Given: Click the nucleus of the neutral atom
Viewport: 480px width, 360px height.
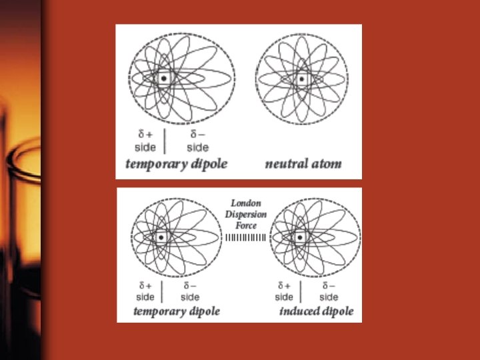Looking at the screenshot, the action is pos(301,79).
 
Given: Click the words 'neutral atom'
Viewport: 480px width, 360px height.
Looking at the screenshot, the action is pos(303,164).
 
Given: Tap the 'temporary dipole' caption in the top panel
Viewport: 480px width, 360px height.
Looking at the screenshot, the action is pos(177,164).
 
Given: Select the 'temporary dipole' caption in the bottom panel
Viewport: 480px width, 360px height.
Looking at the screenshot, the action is pos(177,311).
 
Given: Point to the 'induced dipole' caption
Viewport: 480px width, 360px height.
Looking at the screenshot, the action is pos(317,311).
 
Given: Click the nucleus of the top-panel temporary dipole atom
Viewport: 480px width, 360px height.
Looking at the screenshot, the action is pos(163,79).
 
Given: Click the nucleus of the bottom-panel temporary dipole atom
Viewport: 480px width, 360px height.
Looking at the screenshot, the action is pos(161,237).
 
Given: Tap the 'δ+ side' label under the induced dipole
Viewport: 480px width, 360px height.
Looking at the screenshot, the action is pos(284,291).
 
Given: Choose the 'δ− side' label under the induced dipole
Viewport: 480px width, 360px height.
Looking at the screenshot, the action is pos(329,291).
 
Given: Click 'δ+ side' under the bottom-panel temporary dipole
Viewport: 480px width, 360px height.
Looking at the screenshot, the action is pos(145,291).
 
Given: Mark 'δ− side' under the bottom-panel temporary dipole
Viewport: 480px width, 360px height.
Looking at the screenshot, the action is pos(190,291).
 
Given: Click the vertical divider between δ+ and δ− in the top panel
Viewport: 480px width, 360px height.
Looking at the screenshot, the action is pos(165,140).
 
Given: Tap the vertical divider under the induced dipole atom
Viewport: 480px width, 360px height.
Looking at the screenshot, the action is pos(302,291).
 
